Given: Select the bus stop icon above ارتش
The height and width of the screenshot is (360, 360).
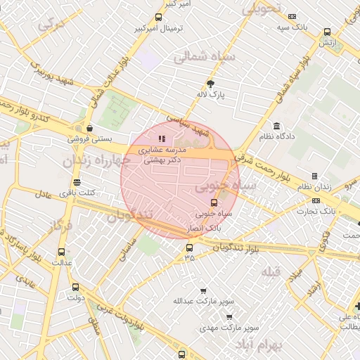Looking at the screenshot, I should point(327,32).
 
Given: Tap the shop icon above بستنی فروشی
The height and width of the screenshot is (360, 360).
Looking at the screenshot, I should point(89,129).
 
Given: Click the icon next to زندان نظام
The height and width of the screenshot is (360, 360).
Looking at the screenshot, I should point(314,176).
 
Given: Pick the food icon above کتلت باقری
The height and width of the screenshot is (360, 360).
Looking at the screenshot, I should point(77,182).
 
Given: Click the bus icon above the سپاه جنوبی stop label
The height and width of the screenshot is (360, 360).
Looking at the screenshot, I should point(214,202).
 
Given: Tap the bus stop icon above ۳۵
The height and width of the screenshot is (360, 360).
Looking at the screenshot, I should point(188,247).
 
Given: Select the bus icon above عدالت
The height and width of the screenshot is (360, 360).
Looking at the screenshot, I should point(61,252).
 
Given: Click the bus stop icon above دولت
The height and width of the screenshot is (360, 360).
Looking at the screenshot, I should point(75,287).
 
